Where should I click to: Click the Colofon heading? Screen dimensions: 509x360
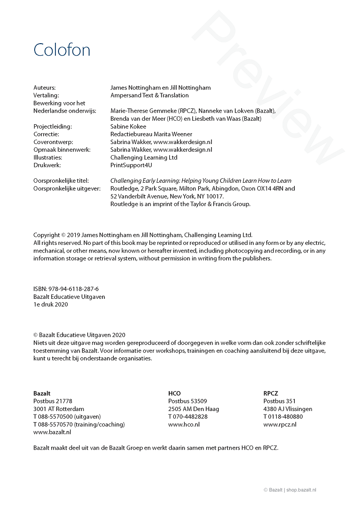coord(62,50)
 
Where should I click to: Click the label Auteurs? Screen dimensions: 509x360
coord(45,88)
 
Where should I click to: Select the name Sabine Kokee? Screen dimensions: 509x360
coord(128,126)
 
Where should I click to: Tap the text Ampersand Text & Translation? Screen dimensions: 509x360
coord(149,95)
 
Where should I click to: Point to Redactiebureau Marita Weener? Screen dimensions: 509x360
coord(151,134)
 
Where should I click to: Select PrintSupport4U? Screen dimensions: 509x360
coord(131,165)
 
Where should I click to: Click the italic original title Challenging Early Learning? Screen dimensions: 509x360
coord(201,181)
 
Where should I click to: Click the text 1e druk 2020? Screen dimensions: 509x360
coord(50,304)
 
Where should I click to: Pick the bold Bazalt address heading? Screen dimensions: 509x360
coord(42,393)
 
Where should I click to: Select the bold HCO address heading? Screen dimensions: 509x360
coord(175,393)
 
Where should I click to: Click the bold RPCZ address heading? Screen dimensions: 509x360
coord(271,393)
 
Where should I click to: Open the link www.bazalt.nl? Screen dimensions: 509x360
coord(52,432)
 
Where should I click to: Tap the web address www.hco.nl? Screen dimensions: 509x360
coord(184,424)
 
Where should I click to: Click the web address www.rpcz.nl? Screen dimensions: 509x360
coord(280,424)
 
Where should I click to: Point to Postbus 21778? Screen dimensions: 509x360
coord(53,401)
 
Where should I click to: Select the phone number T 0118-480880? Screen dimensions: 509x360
coord(283,417)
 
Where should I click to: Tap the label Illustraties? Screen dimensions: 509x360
coord(48,158)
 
